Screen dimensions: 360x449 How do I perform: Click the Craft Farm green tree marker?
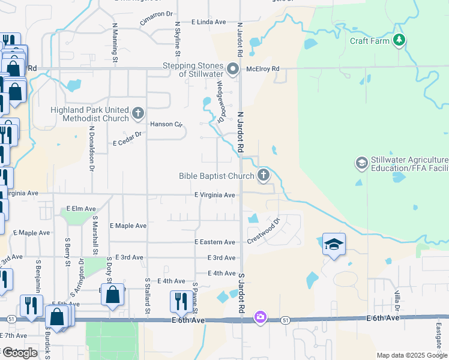[399, 40]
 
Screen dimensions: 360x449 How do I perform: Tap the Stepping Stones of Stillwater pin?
[234, 67]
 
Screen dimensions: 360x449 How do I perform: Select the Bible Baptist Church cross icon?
[263, 175]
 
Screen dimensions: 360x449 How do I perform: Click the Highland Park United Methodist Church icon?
[138, 112]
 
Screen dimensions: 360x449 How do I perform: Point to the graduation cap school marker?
[334, 244]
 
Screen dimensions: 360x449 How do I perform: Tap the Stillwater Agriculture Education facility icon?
[361, 163]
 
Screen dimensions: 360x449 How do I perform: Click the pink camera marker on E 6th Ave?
[260, 316]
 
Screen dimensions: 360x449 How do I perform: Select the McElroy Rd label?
[263, 69]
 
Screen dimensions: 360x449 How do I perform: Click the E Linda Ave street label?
[208, 22]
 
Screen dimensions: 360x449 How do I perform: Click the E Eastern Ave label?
[215, 242]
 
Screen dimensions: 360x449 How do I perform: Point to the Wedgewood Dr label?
[221, 102]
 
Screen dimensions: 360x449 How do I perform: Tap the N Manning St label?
[115, 41]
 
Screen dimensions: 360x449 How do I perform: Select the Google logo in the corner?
[20, 353]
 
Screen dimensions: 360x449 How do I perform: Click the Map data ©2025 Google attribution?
[412, 355]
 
